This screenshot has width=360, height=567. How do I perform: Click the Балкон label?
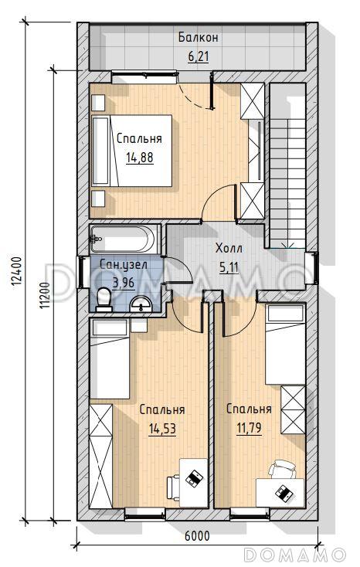[x=198, y=37]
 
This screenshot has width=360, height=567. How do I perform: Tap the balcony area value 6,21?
[x=199, y=56]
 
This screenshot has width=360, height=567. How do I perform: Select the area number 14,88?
[x=140, y=158]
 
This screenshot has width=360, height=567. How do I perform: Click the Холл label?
[x=229, y=249]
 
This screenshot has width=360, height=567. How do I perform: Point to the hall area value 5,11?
[x=229, y=267]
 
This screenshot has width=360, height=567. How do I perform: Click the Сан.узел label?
[x=124, y=264]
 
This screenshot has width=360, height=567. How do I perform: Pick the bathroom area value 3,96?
[x=124, y=283]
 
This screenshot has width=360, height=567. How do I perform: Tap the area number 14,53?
[x=162, y=429]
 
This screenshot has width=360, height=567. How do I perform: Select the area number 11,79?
[x=249, y=428]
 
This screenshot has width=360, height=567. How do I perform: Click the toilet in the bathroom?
[x=104, y=300]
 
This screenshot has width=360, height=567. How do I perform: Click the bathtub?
[x=123, y=239]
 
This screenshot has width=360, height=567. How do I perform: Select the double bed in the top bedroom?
[x=131, y=151]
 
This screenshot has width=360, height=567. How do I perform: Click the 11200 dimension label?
[x=46, y=295]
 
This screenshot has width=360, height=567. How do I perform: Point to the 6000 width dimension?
[x=197, y=536]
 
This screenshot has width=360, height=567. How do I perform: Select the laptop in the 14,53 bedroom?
[x=194, y=477]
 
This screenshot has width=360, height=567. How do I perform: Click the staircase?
[x=287, y=165]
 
